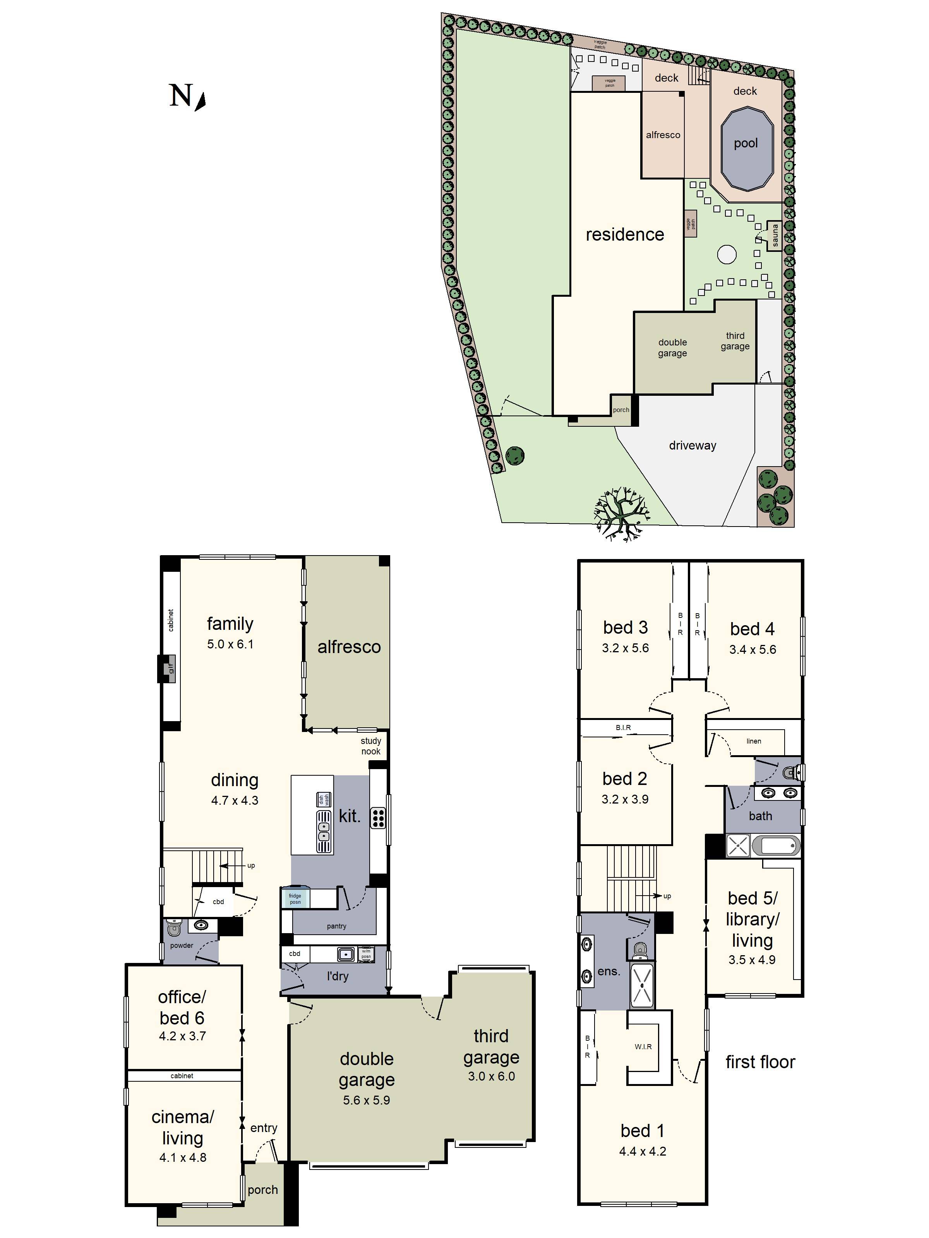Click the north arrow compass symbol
201,101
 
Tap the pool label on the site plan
745,143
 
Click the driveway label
692,446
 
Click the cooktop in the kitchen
378,818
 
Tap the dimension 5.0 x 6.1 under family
230,644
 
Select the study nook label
371,746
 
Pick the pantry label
336,926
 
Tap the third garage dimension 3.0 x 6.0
491,1076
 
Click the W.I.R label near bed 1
643,1046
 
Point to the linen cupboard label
753,741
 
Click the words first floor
760,1062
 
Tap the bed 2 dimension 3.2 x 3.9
625,799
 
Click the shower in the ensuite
642,984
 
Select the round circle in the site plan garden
726,255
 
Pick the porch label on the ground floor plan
262,1190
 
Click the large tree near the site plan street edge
620,512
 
